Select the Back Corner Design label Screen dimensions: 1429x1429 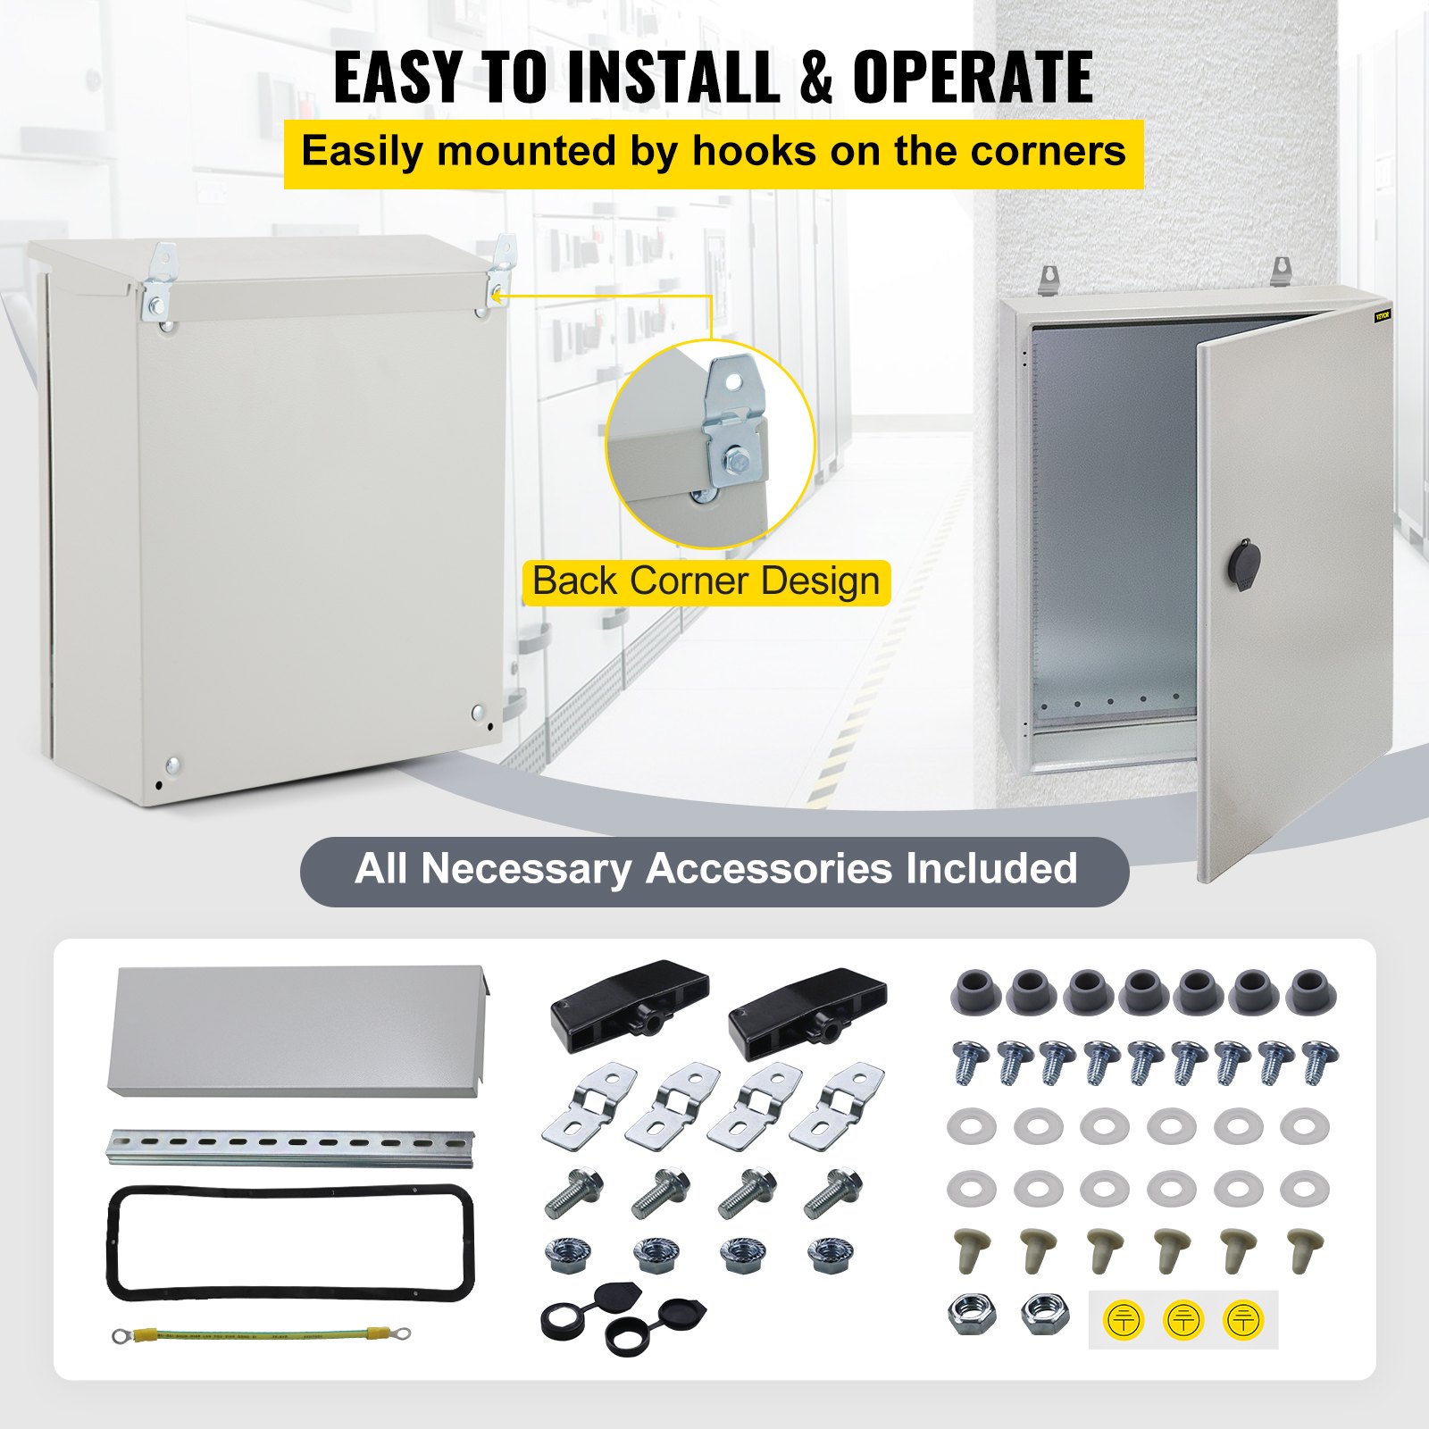706,581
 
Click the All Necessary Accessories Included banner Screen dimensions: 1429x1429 714,870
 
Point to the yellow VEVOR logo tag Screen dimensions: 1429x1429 1383,315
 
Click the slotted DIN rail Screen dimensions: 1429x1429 291,1146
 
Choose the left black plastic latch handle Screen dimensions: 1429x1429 630,997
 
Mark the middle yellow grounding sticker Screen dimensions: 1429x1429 1183,1319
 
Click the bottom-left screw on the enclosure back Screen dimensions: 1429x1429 172,765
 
